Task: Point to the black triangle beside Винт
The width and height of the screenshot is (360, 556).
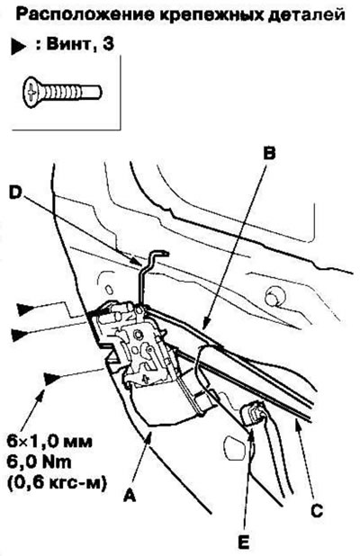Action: [18, 47]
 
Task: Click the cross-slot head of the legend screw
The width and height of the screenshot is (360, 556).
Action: [32, 93]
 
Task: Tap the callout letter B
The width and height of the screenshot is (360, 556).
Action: [269, 154]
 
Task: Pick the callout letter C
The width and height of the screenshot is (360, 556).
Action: [317, 510]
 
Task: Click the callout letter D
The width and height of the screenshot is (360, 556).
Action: [15, 193]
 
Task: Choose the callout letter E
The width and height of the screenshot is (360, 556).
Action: [244, 542]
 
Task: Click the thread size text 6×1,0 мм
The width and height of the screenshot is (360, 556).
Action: [49, 442]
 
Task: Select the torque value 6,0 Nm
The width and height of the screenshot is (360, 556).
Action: [39, 462]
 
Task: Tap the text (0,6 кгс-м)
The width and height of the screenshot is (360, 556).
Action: [57, 483]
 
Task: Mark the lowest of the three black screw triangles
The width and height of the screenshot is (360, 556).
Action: [51, 380]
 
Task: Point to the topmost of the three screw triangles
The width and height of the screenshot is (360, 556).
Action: [26, 309]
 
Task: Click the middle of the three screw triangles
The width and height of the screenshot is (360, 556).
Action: [20, 335]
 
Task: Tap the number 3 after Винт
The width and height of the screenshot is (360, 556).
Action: [108, 44]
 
